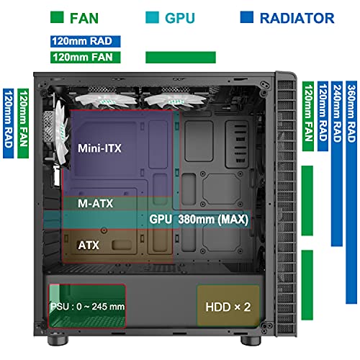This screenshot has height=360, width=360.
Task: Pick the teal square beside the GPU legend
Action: (153, 18)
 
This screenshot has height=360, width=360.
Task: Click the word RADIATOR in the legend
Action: (296, 18)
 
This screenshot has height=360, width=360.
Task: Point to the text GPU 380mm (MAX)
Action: (199, 219)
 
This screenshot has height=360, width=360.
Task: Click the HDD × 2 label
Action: (227, 307)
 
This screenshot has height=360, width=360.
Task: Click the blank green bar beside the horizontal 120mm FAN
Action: (180, 57)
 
